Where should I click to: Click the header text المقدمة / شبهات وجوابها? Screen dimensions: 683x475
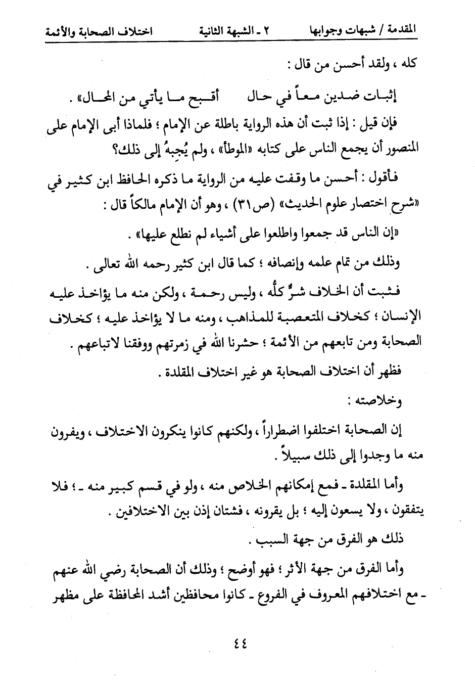point(362,31)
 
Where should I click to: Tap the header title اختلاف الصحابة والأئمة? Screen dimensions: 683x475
point(99,31)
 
